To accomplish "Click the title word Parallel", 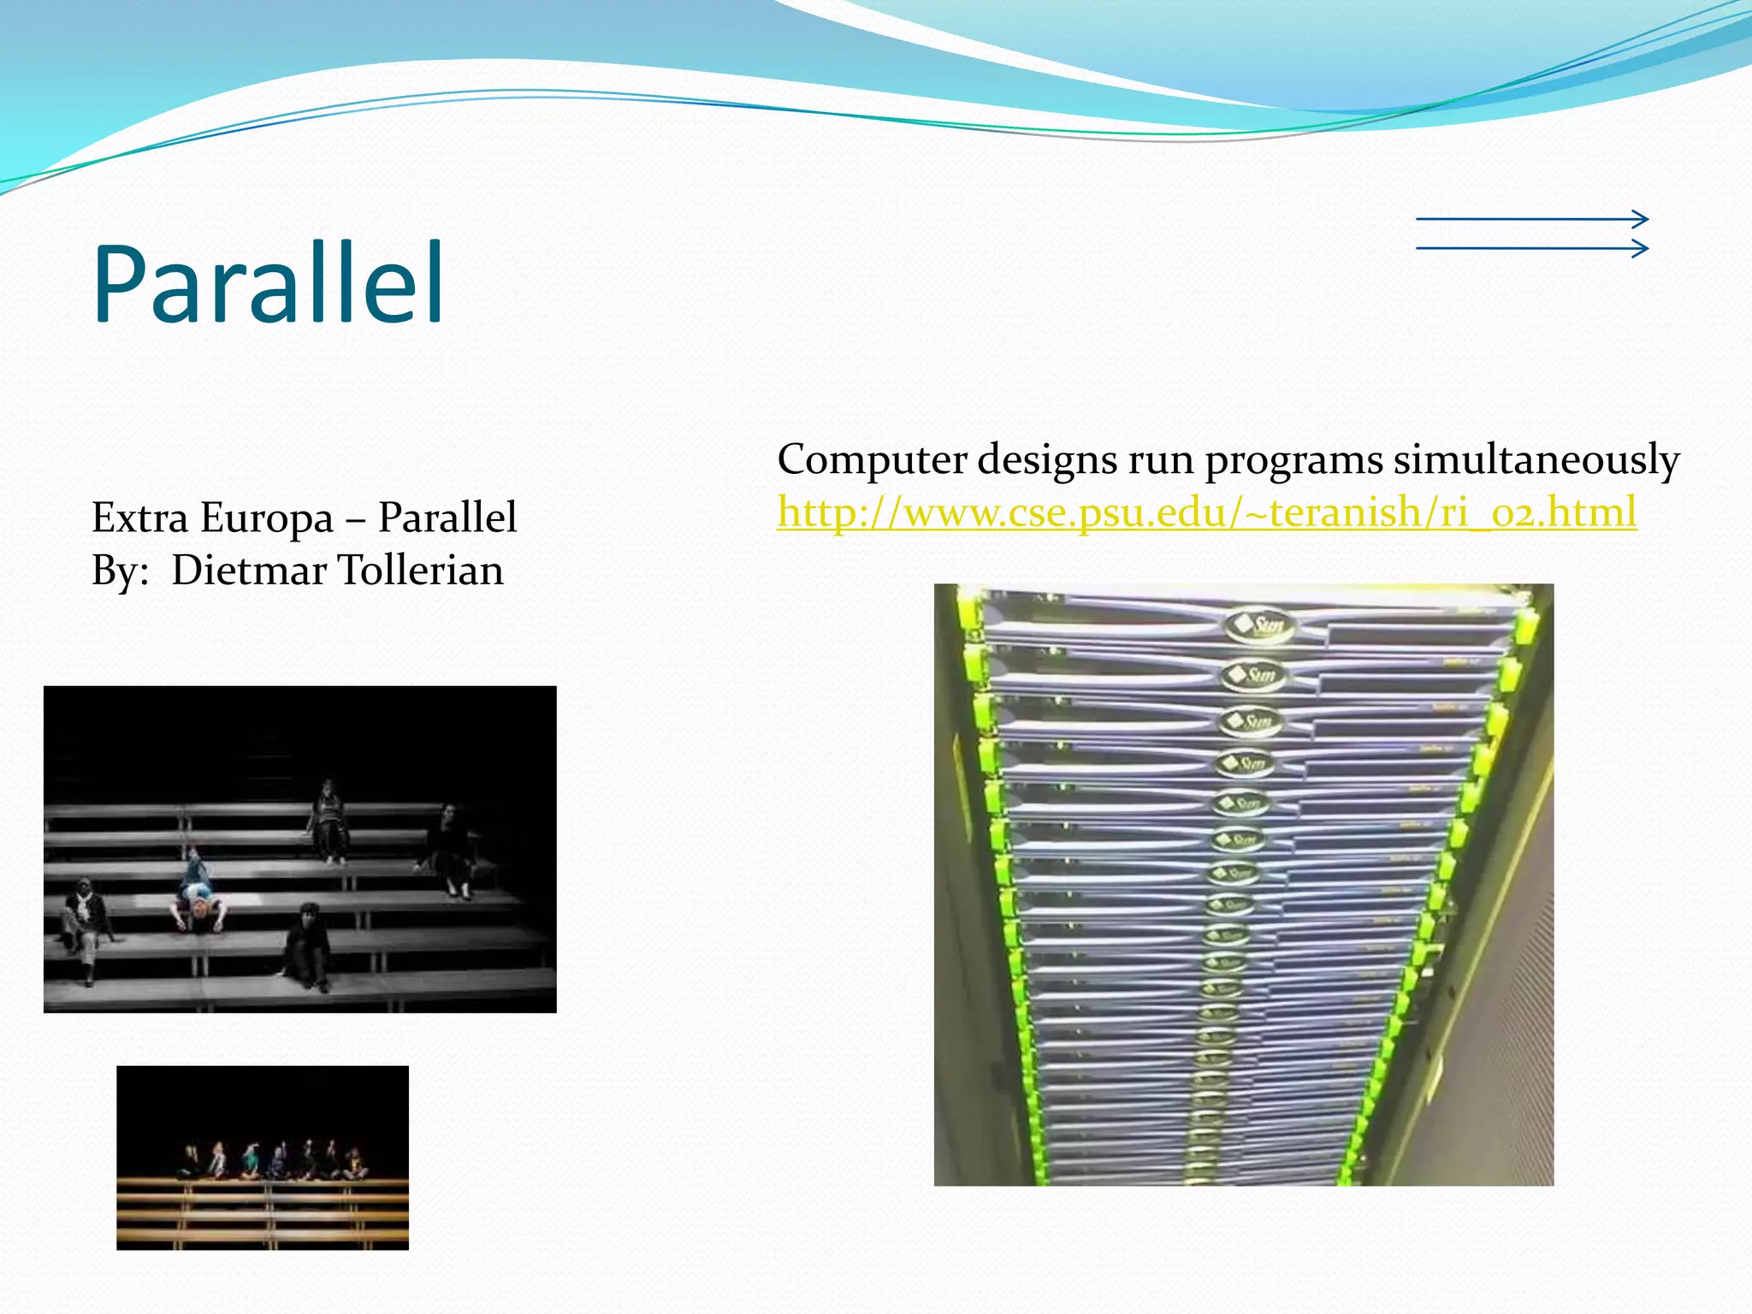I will (x=268, y=284).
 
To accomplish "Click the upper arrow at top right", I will (x=1531, y=219).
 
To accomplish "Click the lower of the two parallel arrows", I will (x=1531, y=249).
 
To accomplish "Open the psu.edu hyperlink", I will (x=1206, y=512).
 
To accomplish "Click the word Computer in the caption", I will (x=872, y=460).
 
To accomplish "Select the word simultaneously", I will (x=1536, y=460).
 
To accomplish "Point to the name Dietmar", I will (x=249, y=571).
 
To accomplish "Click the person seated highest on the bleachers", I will (x=328, y=819).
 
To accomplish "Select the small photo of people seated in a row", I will (x=263, y=1157).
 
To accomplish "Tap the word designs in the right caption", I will (x=1047, y=460).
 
